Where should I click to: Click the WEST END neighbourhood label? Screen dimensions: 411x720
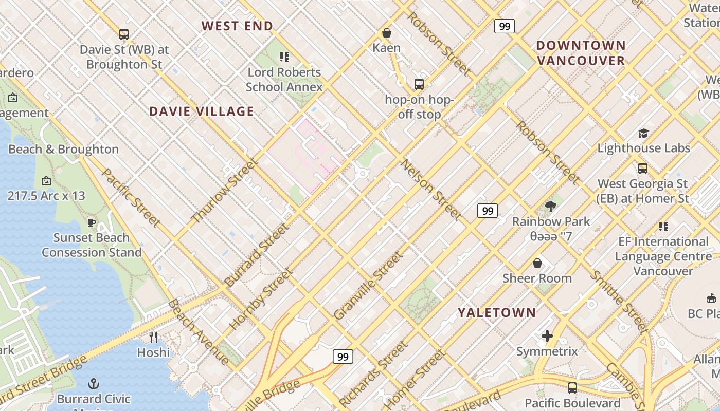point(237,26)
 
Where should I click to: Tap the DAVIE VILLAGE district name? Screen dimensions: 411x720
point(202,111)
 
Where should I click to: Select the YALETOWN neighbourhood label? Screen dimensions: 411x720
point(497,312)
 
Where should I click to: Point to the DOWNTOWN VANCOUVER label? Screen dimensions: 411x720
point(581,53)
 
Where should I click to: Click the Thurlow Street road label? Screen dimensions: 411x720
point(224,191)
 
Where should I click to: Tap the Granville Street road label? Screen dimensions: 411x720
point(368,286)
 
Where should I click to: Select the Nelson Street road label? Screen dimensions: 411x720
point(430,189)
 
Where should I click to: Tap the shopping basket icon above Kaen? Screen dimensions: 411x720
point(387,33)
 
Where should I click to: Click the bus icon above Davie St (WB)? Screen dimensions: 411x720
point(124,34)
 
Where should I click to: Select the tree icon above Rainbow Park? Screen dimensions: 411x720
point(551,207)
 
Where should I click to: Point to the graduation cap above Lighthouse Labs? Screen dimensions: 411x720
point(643,134)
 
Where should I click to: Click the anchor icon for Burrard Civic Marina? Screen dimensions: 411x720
point(94,384)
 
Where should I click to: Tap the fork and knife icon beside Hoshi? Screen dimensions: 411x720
point(153,337)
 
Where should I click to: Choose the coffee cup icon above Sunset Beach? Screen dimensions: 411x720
point(92,222)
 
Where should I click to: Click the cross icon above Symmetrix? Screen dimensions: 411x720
point(547,336)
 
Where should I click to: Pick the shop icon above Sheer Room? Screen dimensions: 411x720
point(537,263)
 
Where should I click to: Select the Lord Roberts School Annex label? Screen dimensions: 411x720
point(284,79)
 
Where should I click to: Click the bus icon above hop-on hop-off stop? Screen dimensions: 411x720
point(419,84)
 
